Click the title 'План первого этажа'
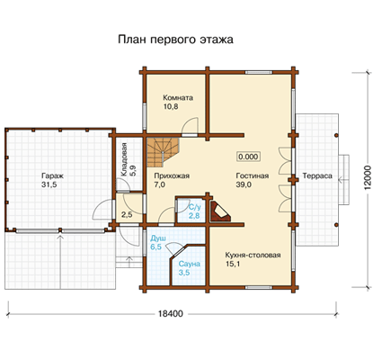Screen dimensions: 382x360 (x=175, y=40)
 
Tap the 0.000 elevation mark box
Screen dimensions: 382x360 (x=248, y=157)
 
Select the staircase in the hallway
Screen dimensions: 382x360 (x=163, y=152)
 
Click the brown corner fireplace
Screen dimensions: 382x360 (x=220, y=211)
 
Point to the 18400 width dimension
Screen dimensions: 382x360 (x=170, y=314)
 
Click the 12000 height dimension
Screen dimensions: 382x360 (x=368, y=177)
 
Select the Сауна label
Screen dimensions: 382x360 (x=189, y=264)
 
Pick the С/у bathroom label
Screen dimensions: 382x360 (x=194, y=207)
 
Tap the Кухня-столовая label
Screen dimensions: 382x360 (x=253, y=255)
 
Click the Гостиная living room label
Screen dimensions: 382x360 (x=253, y=175)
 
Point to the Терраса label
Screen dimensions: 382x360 (x=317, y=175)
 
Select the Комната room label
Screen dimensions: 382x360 (x=178, y=98)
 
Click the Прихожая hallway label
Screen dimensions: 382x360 (x=172, y=175)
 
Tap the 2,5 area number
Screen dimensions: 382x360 (x=127, y=215)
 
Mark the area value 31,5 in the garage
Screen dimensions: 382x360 (x=49, y=184)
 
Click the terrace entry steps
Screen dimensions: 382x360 (x=344, y=180)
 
